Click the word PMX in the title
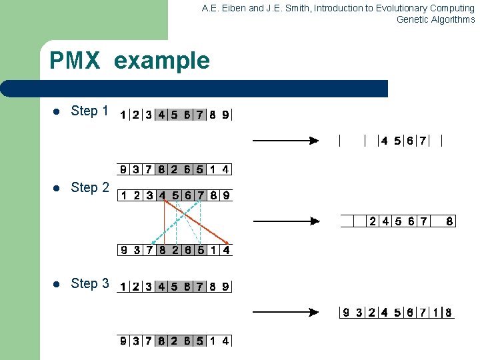(x=75, y=61)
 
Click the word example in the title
(x=162, y=61)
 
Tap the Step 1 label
(x=89, y=111)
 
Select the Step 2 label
(x=89, y=188)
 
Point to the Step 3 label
(x=89, y=284)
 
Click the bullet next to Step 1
(x=57, y=112)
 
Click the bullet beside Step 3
(x=57, y=285)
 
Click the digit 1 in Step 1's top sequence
(x=123, y=115)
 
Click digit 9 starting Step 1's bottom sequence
(x=123, y=169)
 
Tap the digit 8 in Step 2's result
(x=449, y=221)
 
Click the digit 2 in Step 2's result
(x=373, y=221)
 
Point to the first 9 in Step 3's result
(x=346, y=312)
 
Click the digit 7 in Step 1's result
(x=423, y=141)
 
